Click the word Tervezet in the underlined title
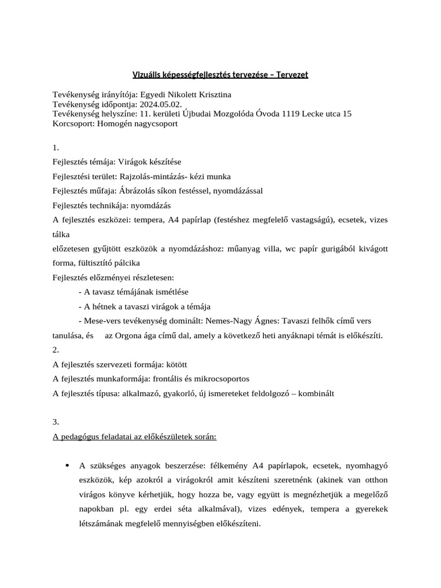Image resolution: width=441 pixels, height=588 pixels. [292, 75]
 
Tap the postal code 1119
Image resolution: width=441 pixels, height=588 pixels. [295, 114]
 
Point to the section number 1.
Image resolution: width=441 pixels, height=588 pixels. [56, 148]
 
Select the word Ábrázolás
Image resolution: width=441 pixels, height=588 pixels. [137, 191]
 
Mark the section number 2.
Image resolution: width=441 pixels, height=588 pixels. [56, 350]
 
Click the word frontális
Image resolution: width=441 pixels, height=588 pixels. [181, 379]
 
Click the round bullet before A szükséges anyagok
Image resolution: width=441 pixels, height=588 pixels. [68, 466]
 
